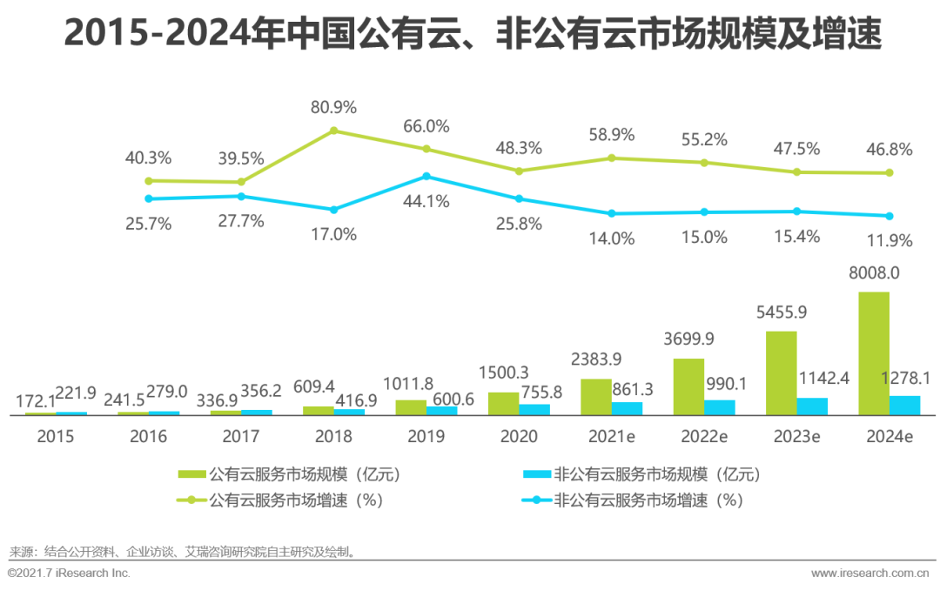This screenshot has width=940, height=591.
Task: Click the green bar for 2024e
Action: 874,353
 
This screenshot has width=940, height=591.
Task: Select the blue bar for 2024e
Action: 905,406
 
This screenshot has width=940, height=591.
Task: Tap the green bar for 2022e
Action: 688,386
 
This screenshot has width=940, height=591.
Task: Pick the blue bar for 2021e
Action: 627,408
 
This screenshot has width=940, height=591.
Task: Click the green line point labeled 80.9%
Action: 333,131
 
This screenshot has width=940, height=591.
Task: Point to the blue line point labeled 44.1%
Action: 426,176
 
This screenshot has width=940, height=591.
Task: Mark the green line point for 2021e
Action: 612,158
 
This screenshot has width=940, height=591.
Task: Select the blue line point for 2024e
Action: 890,216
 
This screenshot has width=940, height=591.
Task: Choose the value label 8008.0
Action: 873,273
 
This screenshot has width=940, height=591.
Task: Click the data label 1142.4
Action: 817,379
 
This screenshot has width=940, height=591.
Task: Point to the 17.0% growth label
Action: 333,234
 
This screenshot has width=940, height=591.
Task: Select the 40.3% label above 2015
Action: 148,158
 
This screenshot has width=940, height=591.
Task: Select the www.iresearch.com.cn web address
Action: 870,574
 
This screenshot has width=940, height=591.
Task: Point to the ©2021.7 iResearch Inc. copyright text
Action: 69,573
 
